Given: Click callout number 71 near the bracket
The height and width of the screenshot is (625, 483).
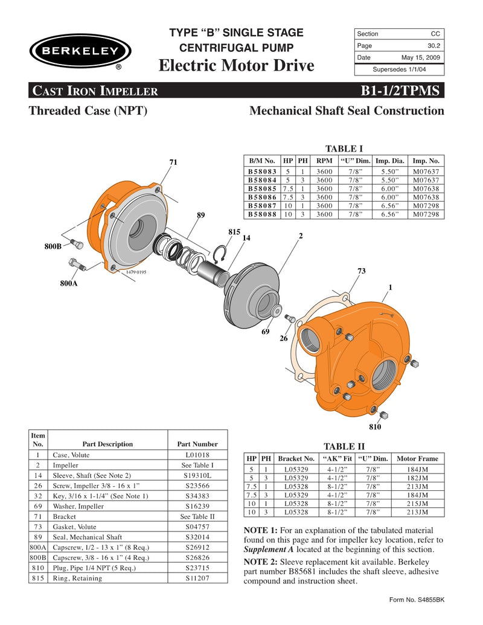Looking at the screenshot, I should [173, 162].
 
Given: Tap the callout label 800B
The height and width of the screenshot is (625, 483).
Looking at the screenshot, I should [53, 246].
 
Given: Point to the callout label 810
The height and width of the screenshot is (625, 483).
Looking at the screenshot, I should [376, 427].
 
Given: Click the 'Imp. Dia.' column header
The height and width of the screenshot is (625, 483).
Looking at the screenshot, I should [390, 161].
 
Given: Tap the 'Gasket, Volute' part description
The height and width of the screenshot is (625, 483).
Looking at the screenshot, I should [74, 527].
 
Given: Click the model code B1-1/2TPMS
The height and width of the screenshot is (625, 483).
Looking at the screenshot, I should [401, 91].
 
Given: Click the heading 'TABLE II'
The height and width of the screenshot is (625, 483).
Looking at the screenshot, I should [344, 446].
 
